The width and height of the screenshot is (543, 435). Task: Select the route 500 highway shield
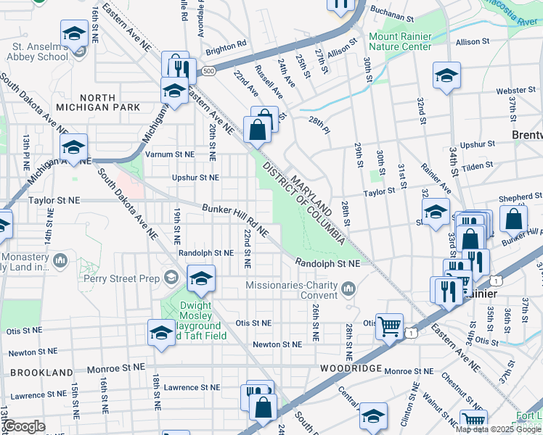pyautogui.click(x=209, y=71)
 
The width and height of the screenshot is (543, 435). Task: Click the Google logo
pyautogui.click(x=24, y=426)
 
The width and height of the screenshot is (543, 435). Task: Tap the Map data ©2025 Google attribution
pyautogui.click(x=498, y=429)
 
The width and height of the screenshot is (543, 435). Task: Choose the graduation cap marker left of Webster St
pyautogui.click(x=446, y=75)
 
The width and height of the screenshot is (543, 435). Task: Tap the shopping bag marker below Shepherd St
pyautogui.click(x=513, y=219)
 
